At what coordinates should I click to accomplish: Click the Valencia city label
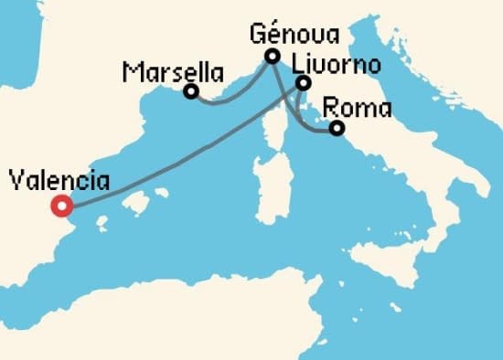point(59,181)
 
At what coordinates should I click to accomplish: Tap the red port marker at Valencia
point(62,206)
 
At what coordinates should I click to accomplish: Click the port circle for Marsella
point(191,91)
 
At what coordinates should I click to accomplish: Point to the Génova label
point(294,37)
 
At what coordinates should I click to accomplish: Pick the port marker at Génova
point(272,57)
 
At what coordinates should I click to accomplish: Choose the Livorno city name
point(335,66)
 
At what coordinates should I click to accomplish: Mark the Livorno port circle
point(304,84)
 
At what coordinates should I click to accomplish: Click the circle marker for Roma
point(337,129)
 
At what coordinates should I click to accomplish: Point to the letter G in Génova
point(257,37)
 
